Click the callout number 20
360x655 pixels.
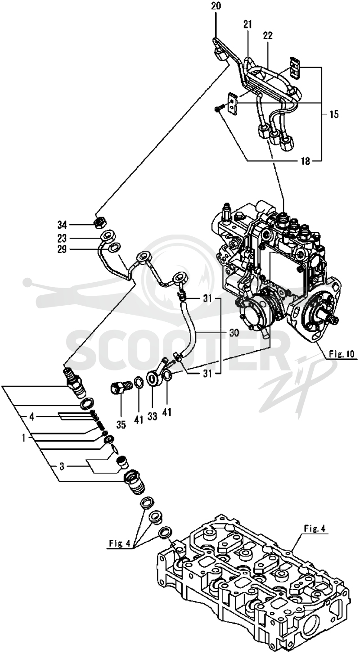(216, 5)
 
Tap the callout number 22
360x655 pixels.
(267, 36)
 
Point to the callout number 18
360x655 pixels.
(306, 161)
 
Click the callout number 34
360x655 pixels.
(62, 225)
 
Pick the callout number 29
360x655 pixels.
(62, 249)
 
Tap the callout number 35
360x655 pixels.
(121, 425)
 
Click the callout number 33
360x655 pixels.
(153, 416)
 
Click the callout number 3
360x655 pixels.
(62, 466)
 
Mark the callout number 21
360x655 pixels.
(247, 24)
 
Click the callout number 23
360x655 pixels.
(62, 238)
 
